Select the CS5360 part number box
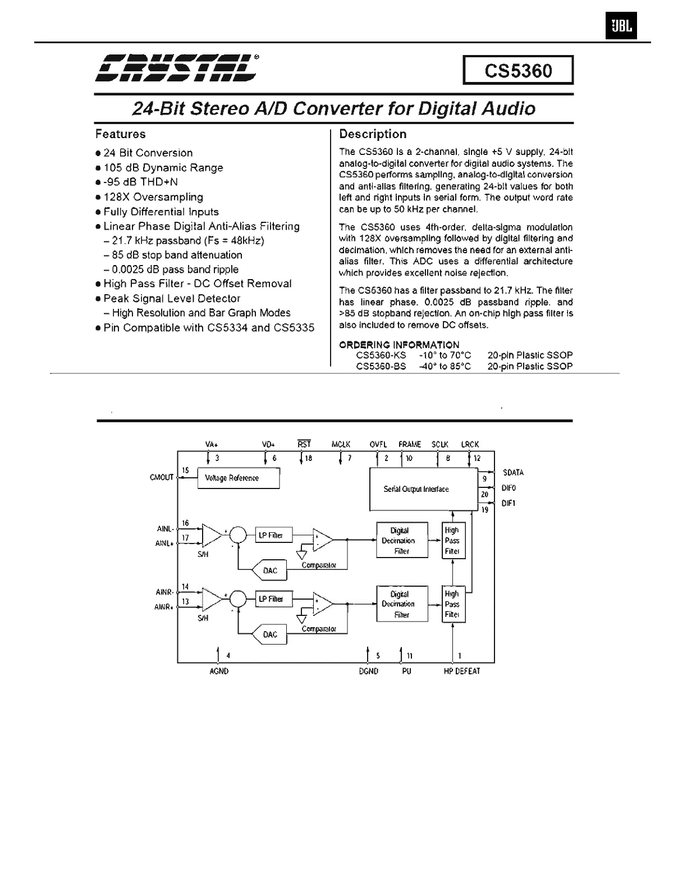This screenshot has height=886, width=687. point(518,71)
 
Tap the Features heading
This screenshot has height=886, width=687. point(120,134)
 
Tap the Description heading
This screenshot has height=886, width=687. point(373,134)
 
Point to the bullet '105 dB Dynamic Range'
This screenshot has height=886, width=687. point(163,168)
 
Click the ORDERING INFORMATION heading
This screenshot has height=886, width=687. point(399,345)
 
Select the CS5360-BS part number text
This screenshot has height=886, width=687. point(381,367)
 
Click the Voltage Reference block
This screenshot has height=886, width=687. point(238,478)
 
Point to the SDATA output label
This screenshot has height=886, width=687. point(513,473)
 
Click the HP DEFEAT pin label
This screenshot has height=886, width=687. point(461,671)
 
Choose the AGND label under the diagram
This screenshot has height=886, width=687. point(218,671)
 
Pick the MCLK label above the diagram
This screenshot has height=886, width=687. point(341,444)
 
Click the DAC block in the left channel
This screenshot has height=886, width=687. point(270,570)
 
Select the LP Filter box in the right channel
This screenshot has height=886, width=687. point(271,599)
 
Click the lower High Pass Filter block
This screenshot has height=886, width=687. point(452,604)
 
